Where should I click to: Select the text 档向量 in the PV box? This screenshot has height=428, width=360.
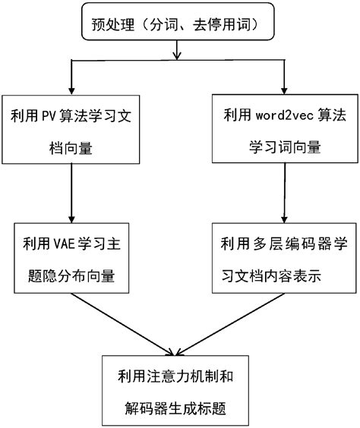coord(70,149)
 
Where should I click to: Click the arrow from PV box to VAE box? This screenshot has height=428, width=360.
coord(71,193)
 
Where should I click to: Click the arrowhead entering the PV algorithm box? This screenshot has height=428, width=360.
coord(71,91)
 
